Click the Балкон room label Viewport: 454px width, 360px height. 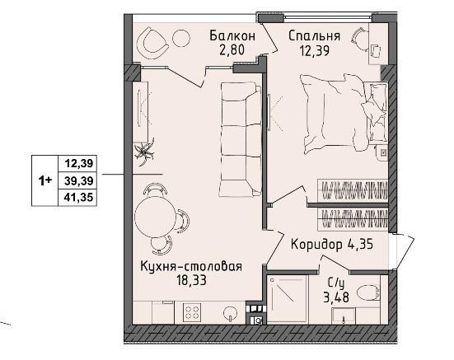[x=232, y=36]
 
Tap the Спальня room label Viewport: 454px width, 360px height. [x=314, y=36]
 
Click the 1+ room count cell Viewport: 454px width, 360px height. [x=45, y=180]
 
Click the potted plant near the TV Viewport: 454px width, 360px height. [x=147, y=151]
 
